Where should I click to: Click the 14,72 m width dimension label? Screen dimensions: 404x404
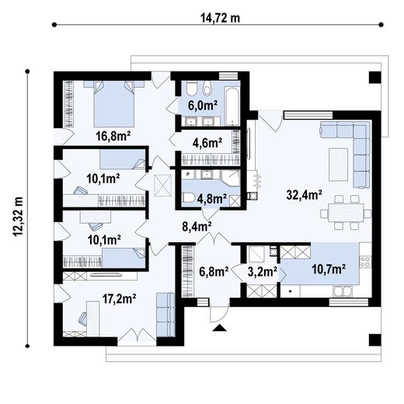(220, 18)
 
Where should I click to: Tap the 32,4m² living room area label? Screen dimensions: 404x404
(305, 195)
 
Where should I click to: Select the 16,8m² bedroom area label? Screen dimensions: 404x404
(113, 136)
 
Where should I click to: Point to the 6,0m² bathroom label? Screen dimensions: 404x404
(203, 106)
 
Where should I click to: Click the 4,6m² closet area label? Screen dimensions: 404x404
(207, 143)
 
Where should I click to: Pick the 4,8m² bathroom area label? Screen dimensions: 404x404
(212, 199)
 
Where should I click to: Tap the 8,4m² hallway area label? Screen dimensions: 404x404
(197, 227)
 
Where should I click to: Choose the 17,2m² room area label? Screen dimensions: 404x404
(120, 299)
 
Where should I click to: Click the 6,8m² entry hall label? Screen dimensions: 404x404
(214, 272)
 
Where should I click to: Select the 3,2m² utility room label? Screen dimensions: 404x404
(263, 272)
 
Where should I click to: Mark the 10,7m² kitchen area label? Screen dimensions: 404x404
(329, 270)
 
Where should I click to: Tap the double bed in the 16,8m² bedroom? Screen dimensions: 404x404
(114, 103)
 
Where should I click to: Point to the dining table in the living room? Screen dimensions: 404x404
(346, 213)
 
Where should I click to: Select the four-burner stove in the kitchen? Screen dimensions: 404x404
(365, 261)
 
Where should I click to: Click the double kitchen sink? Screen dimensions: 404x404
(343, 291)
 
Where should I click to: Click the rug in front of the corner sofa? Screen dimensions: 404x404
(338, 164)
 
